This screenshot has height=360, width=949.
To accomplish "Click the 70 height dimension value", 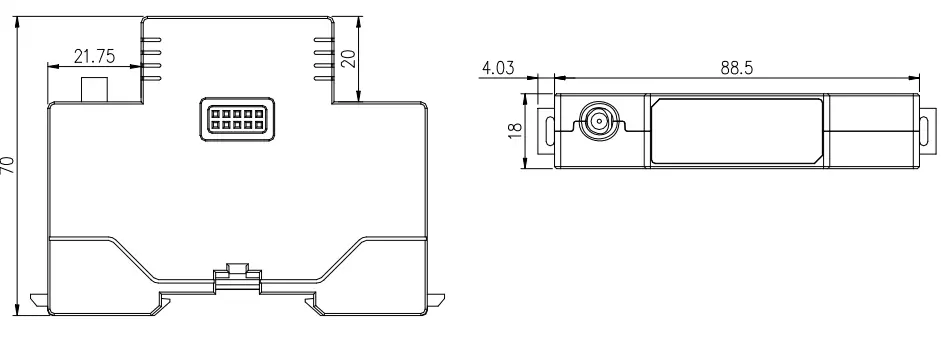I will [x=9, y=164].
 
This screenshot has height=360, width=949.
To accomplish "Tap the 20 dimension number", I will [x=348, y=58].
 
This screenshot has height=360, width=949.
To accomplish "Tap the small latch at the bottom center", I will [x=237, y=269].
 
